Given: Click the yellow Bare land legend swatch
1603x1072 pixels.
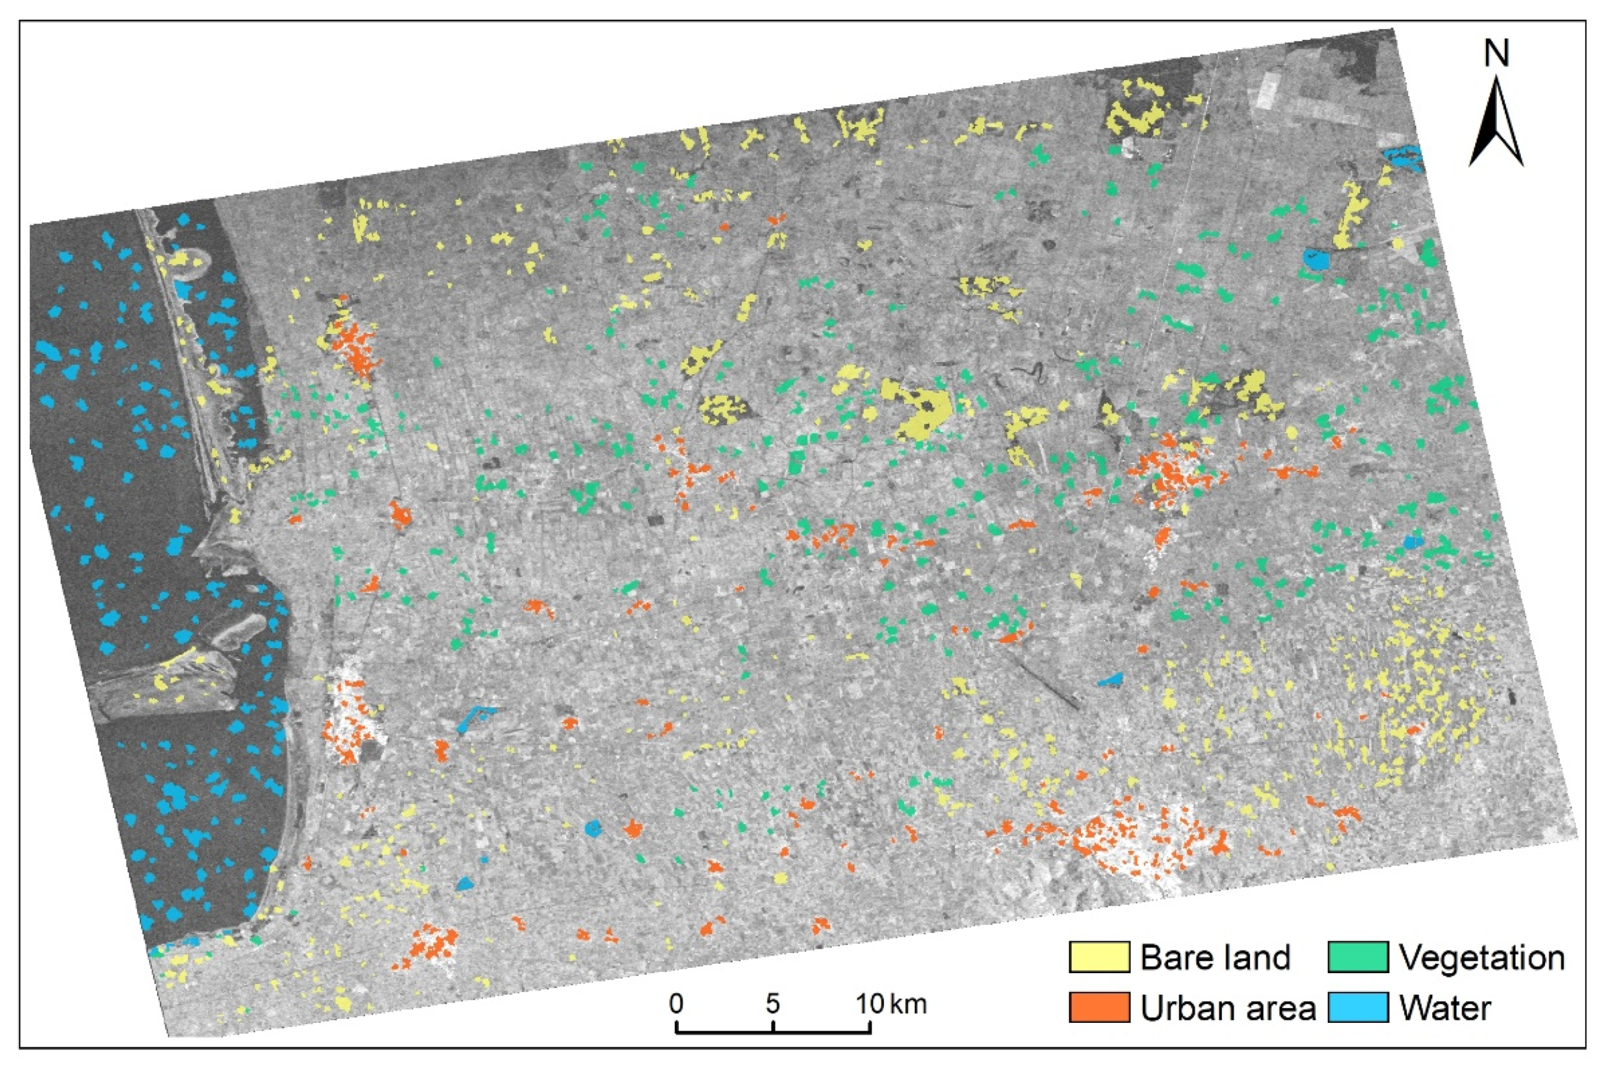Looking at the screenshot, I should coord(1099,957).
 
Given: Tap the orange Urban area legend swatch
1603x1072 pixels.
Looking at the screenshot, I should coord(1099,1008).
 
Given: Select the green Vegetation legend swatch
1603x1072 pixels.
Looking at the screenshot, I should coord(1359,957).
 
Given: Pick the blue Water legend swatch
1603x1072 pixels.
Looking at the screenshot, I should coord(1359,1008).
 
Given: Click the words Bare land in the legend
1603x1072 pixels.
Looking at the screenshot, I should coord(1215,957).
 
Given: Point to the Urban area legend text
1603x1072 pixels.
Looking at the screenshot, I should coord(1228,1008).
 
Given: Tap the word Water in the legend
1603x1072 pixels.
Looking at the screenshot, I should coord(1445,1008).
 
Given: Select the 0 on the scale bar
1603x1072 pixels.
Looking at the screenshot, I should coord(676,1004).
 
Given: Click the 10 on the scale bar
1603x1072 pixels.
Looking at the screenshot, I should coord(870,1004).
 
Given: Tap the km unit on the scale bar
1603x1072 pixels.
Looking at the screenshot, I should coord(909,1004).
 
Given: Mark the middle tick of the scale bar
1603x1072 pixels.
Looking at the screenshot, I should coord(773,1027).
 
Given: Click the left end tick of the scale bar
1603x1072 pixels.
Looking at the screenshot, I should coord(676,1027).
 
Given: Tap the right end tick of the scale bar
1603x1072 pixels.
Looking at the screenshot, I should coord(870,1027).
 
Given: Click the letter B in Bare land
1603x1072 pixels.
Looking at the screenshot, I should coord(1151,957).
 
